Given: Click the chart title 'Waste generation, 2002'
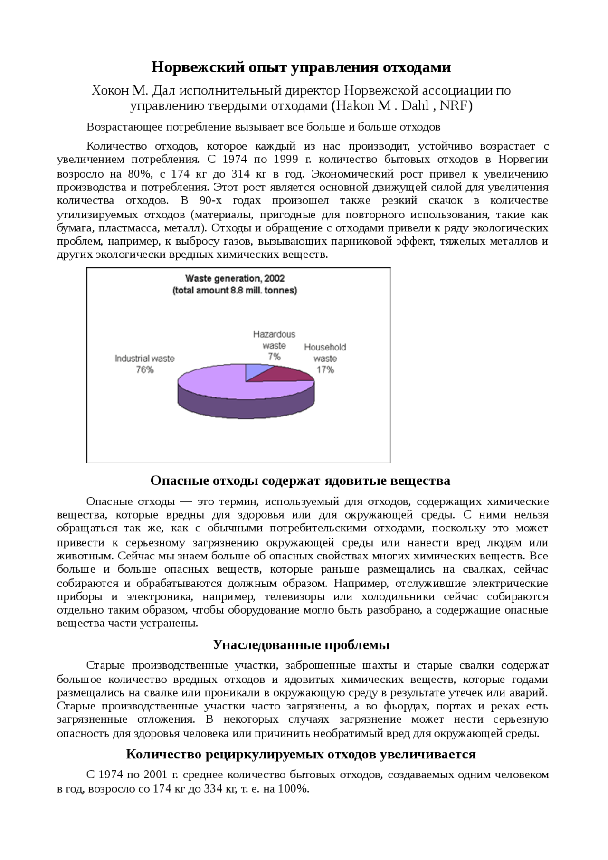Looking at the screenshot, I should click(235, 278).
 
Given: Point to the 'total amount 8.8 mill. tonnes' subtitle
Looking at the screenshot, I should click(235, 290).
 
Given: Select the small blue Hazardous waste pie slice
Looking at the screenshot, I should click(253, 371).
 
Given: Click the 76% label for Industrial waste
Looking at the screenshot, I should click(144, 370).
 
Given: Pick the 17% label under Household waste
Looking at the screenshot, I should click(325, 370).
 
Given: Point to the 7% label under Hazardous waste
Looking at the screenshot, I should click(274, 357).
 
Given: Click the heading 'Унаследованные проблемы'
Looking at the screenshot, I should click(301, 645).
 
